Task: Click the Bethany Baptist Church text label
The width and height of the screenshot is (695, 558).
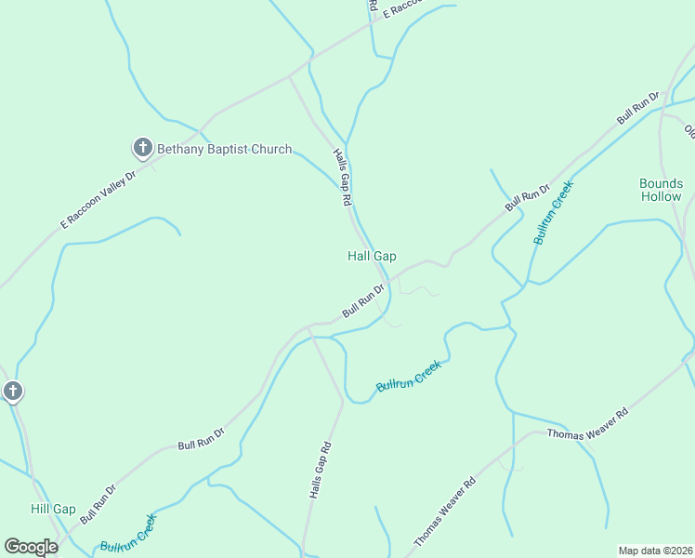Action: point(224,149)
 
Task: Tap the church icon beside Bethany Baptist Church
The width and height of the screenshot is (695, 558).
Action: point(142,147)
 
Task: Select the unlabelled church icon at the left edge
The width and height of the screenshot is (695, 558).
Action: point(12,392)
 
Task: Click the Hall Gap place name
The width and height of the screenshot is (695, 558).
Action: point(372,256)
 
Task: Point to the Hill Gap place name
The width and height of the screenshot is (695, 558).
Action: point(53,509)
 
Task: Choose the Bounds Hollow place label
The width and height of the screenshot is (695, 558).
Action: point(661,190)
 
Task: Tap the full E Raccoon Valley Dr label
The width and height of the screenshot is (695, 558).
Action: point(98,198)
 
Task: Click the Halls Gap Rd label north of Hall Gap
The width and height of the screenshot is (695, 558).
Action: point(343,178)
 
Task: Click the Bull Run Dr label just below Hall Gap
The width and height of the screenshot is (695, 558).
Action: point(363,299)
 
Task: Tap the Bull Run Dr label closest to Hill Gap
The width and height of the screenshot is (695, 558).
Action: point(98,503)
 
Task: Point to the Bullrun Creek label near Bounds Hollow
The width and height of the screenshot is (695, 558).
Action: point(554,212)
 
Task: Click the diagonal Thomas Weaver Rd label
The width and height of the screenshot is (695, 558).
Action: point(445,511)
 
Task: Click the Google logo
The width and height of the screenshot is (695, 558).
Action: point(31,547)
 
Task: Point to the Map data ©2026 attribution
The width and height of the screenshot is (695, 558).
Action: point(655,551)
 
